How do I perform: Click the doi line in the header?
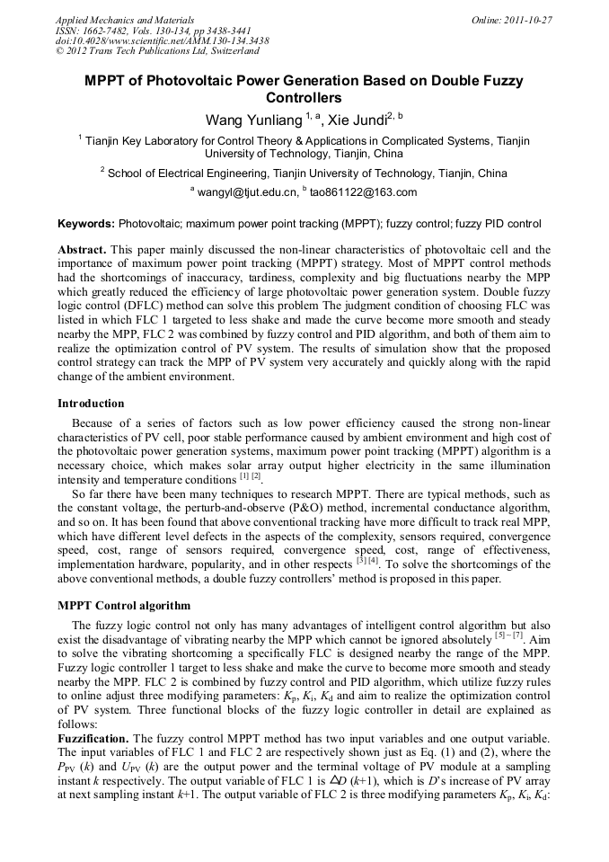[x=162, y=41]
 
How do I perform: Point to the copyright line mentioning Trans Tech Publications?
[x=157, y=52]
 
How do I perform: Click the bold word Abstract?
[x=82, y=249]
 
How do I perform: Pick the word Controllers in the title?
[x=304, y=98]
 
